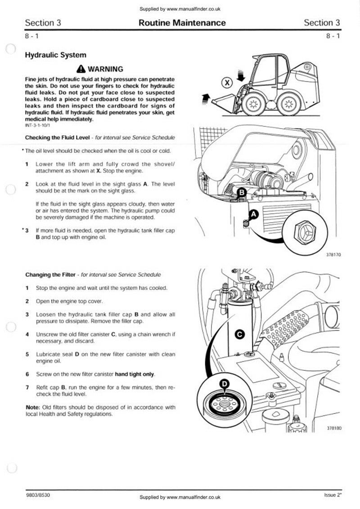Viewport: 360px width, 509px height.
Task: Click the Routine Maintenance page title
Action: pos(182,23)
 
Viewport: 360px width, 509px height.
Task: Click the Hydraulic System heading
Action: pos(55,55)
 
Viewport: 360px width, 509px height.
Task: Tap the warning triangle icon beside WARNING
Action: pos(81,69)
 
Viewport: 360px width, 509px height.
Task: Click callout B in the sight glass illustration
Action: pos(242,193)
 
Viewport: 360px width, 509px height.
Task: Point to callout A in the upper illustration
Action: pos(253,215)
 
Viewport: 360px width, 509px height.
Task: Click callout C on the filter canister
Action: pos(240,334)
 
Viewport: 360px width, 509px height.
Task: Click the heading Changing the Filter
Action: pos(50,274)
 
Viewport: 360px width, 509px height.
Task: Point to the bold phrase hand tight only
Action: pos(135,374)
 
